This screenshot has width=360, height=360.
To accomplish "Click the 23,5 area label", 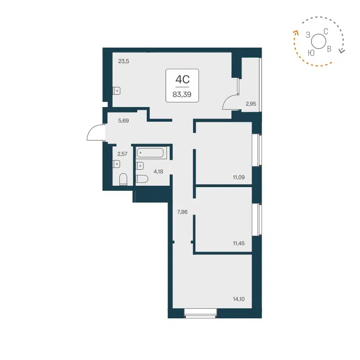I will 124,61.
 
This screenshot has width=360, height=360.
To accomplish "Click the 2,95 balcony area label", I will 251,104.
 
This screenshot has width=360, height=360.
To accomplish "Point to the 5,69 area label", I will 124,121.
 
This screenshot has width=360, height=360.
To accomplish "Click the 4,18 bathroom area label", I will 158,172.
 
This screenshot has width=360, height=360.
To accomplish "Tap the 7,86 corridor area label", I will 183,211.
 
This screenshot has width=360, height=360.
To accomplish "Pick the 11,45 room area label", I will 239,243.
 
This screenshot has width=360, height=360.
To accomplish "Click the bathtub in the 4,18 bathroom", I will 151,153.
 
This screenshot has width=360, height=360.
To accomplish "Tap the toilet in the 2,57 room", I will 123,179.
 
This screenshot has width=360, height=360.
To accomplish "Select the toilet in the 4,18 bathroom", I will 142,179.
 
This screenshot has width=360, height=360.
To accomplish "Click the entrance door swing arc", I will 95,134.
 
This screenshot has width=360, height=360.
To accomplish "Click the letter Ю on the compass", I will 311,53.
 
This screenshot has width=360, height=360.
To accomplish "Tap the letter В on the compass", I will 329,48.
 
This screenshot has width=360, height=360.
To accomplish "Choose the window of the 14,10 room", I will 200,312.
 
